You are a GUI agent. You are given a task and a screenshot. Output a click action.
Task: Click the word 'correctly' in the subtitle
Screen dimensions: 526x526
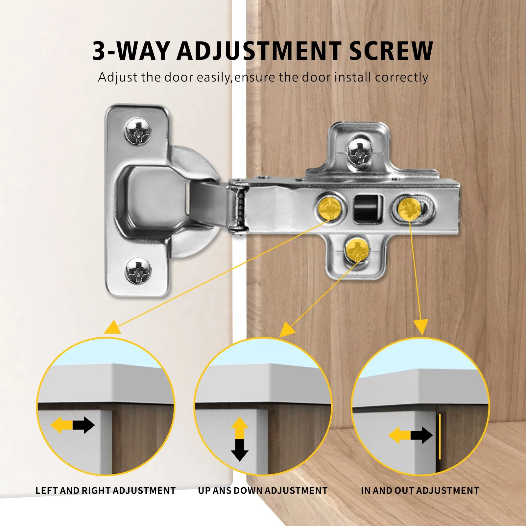click(401, 78)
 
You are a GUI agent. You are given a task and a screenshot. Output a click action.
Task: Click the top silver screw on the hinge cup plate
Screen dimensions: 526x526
click(138, 132)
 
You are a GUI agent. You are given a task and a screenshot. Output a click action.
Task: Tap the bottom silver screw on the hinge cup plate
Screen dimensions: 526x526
click(138, 271)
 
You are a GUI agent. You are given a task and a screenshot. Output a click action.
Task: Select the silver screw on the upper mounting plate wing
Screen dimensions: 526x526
click(360, 152)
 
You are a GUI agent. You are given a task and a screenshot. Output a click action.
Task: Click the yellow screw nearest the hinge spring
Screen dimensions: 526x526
click(330, 208)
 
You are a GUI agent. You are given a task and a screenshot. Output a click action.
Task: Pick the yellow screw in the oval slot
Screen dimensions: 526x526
click(409, 208)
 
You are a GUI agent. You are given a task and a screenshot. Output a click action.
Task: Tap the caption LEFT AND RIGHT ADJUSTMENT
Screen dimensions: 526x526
click(106, 490)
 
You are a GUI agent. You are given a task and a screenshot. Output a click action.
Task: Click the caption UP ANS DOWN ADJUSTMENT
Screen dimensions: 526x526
click(263, 490)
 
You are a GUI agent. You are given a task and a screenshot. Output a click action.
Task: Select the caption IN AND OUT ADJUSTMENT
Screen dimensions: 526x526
click(420, 490)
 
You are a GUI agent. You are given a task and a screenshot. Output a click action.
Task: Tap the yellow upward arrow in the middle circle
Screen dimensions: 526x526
click(240, 428)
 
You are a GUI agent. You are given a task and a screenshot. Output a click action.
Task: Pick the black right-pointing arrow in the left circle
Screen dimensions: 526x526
click(84, 425)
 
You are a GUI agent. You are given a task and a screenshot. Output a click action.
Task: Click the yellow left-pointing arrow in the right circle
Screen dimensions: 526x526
click(399, 436)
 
